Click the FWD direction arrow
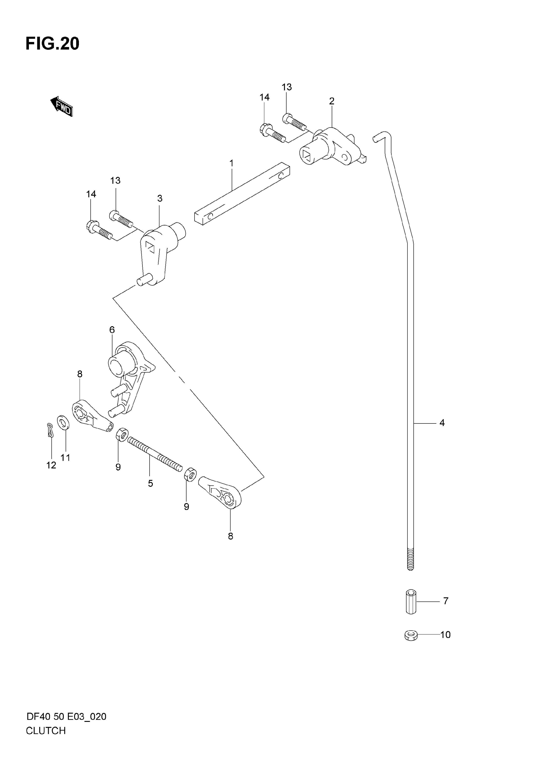61,106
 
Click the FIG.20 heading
52,44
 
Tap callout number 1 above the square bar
231,163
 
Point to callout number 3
159,198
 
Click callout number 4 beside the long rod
442,423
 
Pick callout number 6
112,330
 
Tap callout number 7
446,601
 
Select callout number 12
51,465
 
